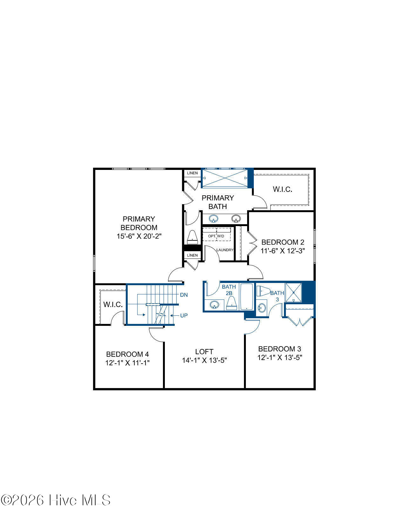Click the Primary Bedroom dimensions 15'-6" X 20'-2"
(139, 236)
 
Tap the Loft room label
(204, 352)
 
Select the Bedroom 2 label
(282, 242)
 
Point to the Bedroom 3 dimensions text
(280, 357)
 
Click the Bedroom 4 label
(127, 354)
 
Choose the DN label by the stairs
(184, 295)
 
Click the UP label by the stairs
(184, 315)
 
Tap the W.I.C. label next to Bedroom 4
(113, 305)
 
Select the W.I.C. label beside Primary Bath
(282, 189)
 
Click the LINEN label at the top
(192, 173)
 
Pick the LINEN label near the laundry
(192, 255)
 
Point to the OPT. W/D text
(216, 236)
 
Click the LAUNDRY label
(225, 250)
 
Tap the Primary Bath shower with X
(225, 178)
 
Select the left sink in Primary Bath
(214, 218)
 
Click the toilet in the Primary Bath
(192, 237)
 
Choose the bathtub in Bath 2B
(246, 297)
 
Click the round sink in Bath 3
(262, 308)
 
